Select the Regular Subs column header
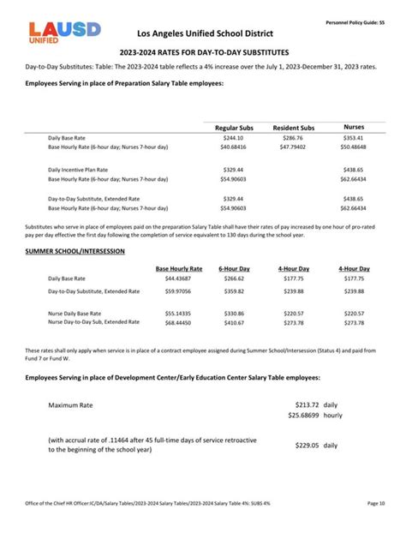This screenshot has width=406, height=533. (234, 128)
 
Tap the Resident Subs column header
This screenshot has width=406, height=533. (293, 128)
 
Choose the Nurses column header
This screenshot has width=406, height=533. (353, 127)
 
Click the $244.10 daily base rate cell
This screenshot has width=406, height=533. (234, 138)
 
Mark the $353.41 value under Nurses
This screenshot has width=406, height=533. (353, 138)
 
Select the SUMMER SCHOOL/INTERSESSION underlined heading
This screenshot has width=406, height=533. (75, 251)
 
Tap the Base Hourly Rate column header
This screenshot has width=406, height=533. (179, 269)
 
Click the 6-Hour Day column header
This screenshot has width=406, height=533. (234, 269)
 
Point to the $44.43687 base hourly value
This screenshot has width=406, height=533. (179, 278)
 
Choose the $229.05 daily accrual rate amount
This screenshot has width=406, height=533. (307, 446)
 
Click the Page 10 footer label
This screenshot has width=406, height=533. (376, 503)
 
